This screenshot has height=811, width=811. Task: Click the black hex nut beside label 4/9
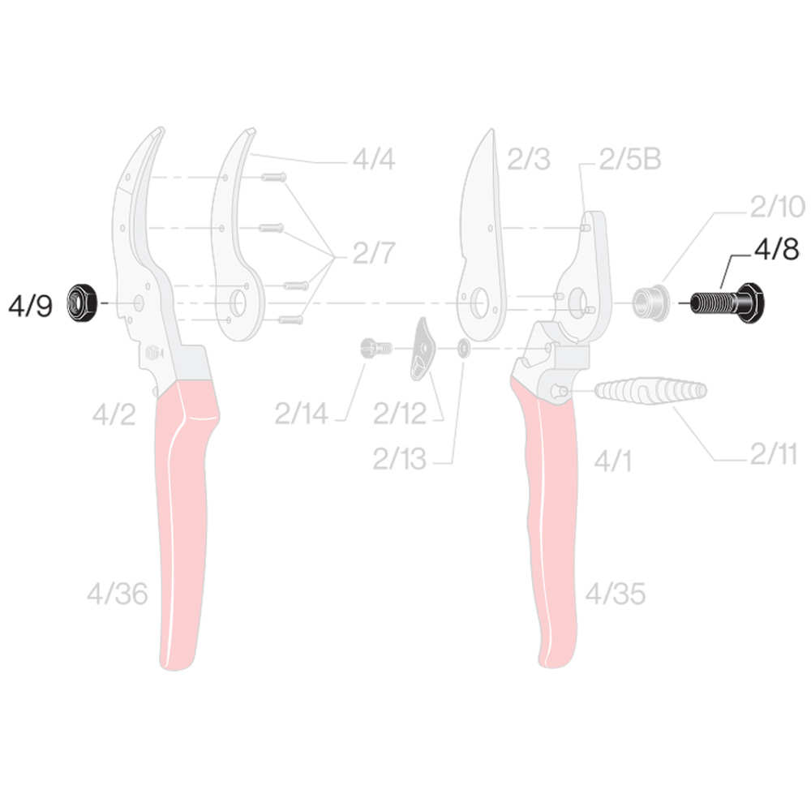81,303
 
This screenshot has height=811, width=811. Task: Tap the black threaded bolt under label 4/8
727,303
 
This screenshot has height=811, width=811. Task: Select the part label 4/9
30,306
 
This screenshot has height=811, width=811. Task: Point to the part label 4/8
776,250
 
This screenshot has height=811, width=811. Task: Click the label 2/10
778,207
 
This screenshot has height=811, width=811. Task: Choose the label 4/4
373,159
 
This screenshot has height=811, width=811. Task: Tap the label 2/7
373,253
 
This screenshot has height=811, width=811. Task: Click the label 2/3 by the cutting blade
529,159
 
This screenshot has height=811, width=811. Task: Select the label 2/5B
630,159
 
